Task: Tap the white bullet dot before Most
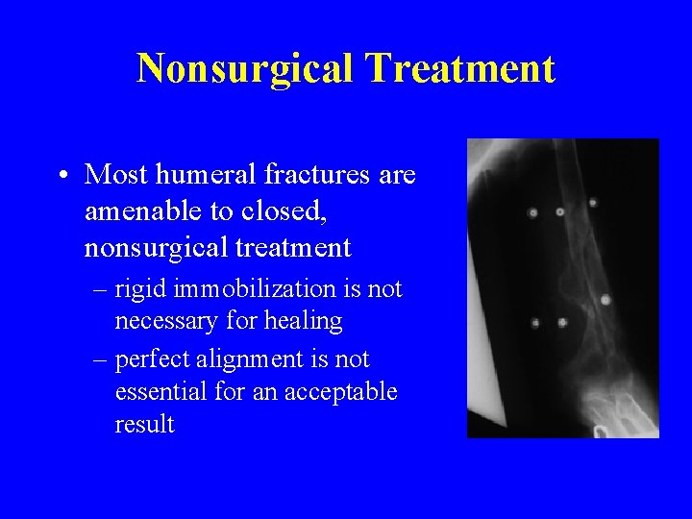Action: click(x=62, y=176)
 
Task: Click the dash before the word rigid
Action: click(x=101, y=288)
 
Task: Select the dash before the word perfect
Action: click(x=101, y=358)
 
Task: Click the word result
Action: click(x=144, y=424)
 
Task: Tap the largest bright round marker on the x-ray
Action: click(x=605, y=300)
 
